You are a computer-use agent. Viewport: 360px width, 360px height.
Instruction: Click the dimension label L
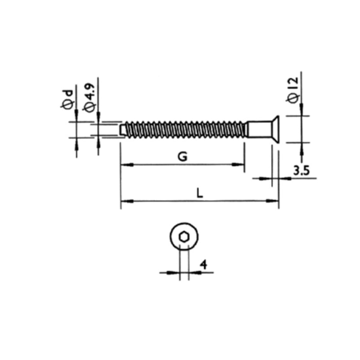[200, 193]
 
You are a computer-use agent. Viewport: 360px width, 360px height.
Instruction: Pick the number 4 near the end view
[204, 265]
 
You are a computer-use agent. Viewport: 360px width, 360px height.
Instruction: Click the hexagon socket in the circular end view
[184, 237]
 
